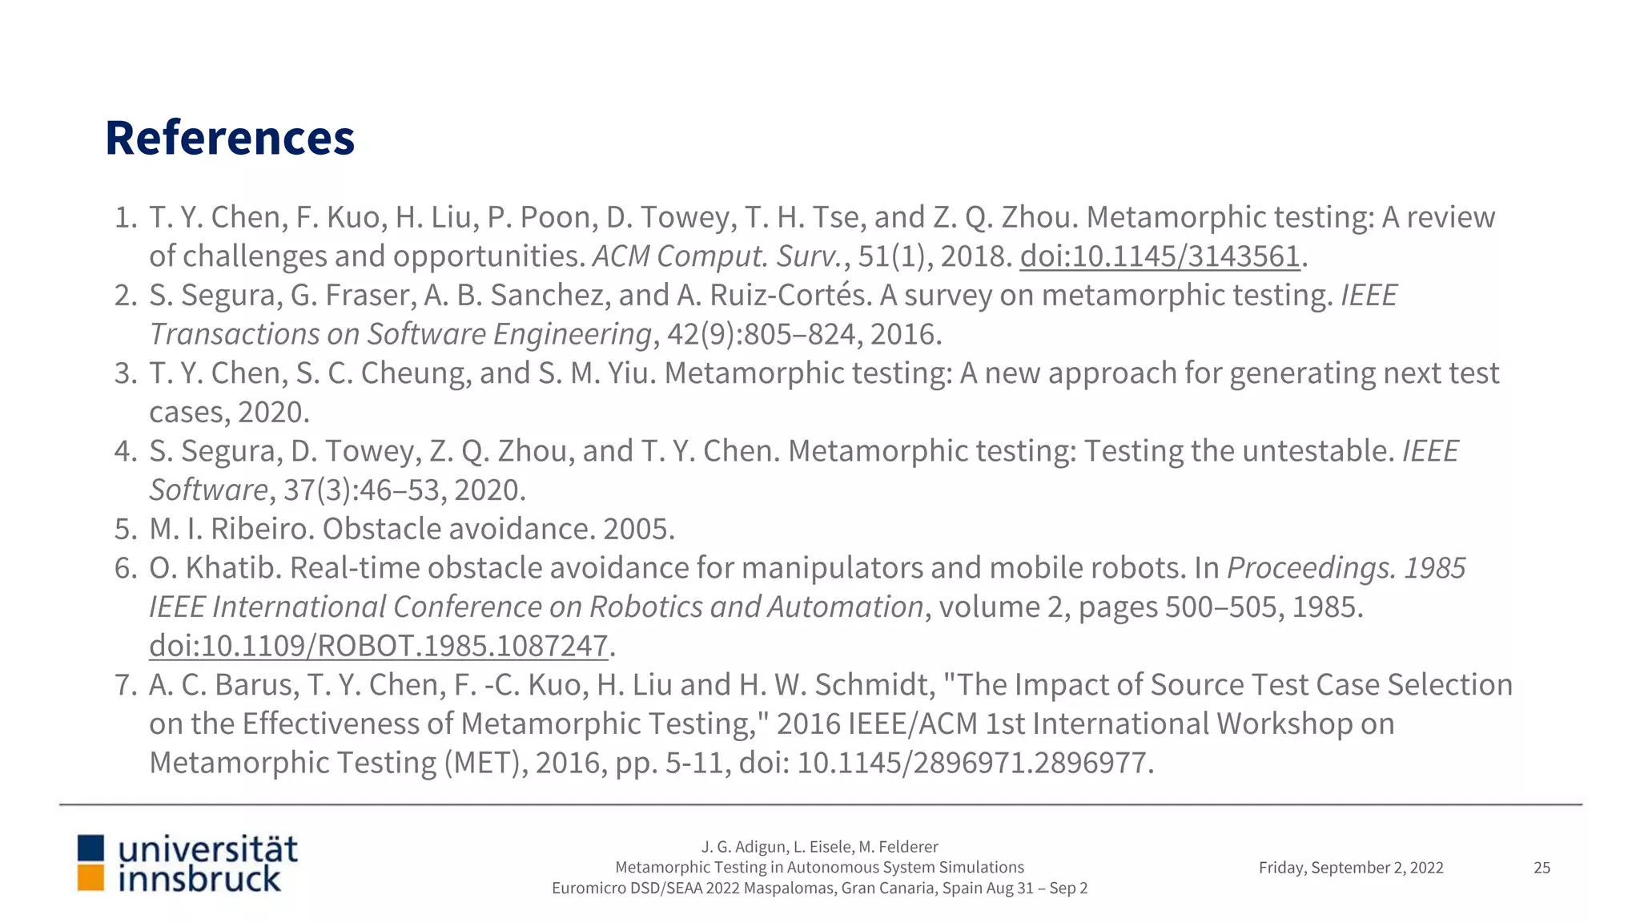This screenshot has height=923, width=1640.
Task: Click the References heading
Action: tap(230, 138)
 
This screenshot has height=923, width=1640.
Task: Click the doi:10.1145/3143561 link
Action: tap(1160, 256)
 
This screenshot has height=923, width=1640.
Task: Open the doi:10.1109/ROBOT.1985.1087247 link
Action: tap(379, 646)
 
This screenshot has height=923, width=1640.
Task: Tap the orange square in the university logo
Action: tap(90, 878)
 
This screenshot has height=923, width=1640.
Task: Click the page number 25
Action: tap(1542, 868)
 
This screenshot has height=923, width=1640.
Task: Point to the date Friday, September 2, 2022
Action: tap(1351, 868)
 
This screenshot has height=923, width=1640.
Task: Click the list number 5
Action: tap(126, 529)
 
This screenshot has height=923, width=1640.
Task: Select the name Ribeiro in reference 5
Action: tap(261, 529)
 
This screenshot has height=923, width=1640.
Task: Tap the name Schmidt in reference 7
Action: tap(874, 685)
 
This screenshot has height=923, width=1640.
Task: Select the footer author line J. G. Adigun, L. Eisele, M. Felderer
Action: tap(819, 847)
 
